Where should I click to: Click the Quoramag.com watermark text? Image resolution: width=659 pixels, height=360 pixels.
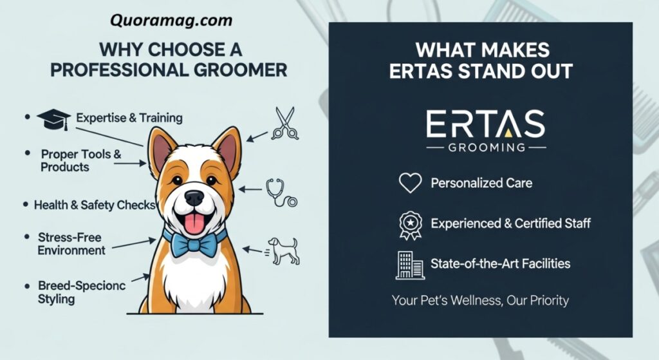coord(171,20)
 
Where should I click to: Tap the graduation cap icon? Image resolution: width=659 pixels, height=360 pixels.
coord(53,119)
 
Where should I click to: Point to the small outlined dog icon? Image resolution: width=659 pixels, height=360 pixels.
coord(284,251)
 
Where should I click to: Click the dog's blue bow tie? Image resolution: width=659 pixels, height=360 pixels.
coord(194,243)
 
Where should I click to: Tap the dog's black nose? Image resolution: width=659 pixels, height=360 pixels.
coord(194,198)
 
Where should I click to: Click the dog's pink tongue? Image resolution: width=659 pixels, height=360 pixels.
coord(194,223)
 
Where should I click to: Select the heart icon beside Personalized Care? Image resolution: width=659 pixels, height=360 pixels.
coord(410,182)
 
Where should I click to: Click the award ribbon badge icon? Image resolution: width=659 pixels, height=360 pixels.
coord(410,225)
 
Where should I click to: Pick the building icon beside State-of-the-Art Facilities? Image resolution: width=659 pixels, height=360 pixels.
coord(410,265)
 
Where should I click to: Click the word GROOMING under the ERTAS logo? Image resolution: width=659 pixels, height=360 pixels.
coord(487,147)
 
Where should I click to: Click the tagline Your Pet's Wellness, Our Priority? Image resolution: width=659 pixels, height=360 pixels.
coord(480,300)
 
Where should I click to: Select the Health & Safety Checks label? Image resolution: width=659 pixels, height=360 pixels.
coord(95,205)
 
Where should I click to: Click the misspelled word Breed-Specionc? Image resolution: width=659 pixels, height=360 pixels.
coord(82,285)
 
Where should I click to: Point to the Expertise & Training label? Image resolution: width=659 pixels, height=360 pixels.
coord(129,118)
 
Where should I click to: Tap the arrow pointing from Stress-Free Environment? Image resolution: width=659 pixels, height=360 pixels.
coord(134,244)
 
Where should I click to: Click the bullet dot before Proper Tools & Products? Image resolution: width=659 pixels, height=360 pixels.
coord(28,153)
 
